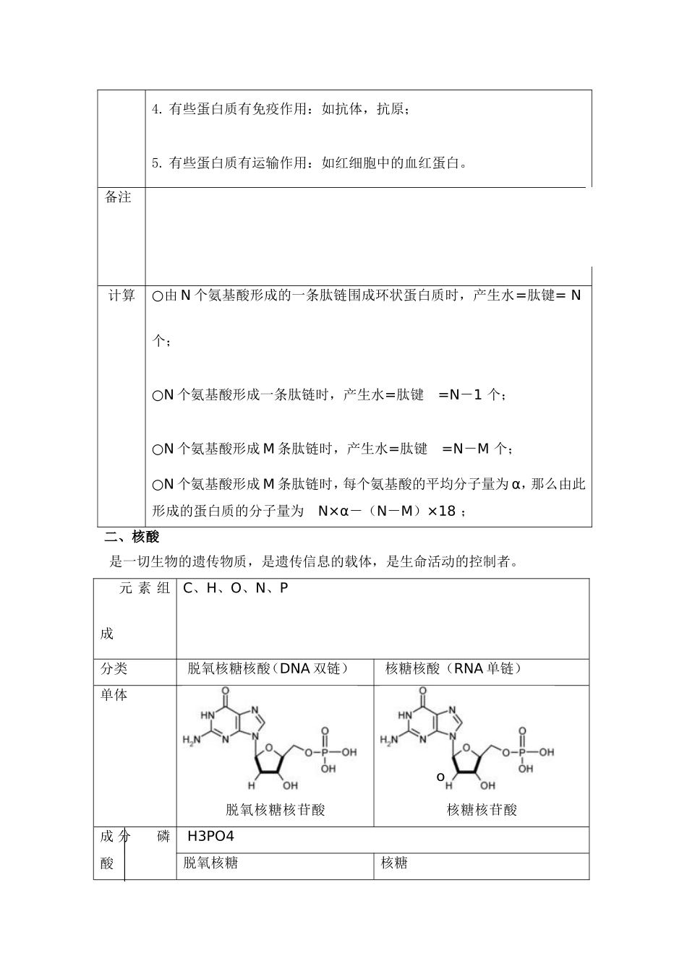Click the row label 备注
click(x=118, y=197)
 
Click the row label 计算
click(x=121, y=295)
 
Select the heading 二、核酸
click(x=131, y=537)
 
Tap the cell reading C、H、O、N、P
click(x=236, y=588)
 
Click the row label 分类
click(x=114, y=668)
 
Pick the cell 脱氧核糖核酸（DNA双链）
click(x=268, y=668)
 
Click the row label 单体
click(x=114, y=694)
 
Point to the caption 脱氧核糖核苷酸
click(x=276, y=809)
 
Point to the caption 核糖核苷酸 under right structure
click(x=482, y=809)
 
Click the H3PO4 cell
click(x=210, y=837)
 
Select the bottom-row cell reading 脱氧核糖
click(x=211, y=863)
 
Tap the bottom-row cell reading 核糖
click(x=394, y=863)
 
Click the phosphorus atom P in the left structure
click(x=325, y=752)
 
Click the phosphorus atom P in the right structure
click(x=523, y=752)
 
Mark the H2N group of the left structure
click(x=191, y=740)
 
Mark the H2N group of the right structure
click(x=388, y=740)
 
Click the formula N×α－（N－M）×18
click(x=387, y=511)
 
